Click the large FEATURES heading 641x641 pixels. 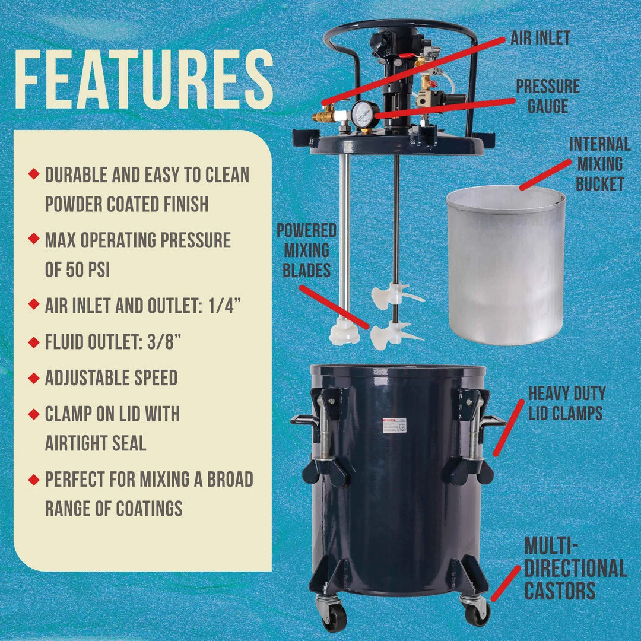(x=144, y=80)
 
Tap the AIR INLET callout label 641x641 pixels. (x=541, y=37)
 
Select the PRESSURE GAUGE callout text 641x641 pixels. (x=548, y=96)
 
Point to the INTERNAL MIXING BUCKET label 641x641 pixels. (x=599, y=164)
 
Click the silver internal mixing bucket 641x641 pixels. (x=506, y=265)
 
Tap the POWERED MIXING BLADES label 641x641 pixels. (x=307, y=250)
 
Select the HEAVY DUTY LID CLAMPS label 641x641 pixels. (x=567, y=403)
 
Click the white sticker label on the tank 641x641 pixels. (x=395, y=426)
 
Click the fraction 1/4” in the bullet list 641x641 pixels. (x=224, y=306)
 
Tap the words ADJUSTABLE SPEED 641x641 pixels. (x=111, y=377)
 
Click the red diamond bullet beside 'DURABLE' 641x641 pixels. (x=34, y=173)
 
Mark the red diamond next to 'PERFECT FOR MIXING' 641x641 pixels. (x=34, y=479)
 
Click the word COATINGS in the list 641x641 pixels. (x=149, y=509)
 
